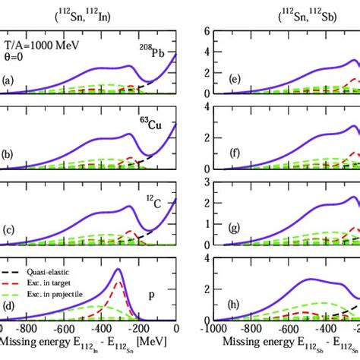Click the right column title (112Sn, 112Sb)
pyautogui.click(x=289, y=13)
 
